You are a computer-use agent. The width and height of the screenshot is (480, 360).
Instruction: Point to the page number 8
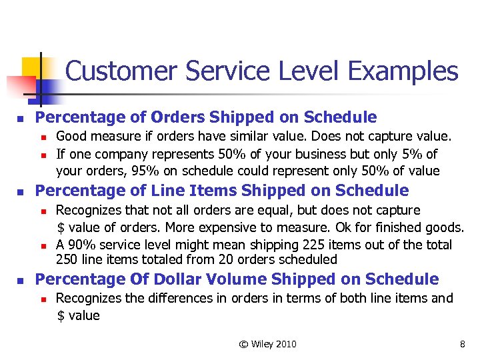(x=462, y=344)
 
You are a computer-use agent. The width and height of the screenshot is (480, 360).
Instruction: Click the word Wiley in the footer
(x=264, y=344)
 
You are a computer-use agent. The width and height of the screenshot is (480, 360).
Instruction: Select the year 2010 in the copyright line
(x=286, y=344)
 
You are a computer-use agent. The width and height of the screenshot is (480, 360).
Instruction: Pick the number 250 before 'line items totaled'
(x=66, y=259)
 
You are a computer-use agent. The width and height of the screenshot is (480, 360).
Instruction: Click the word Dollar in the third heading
(x=181, y=279)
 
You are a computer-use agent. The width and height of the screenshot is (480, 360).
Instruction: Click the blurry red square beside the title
(x=19, y=87)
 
